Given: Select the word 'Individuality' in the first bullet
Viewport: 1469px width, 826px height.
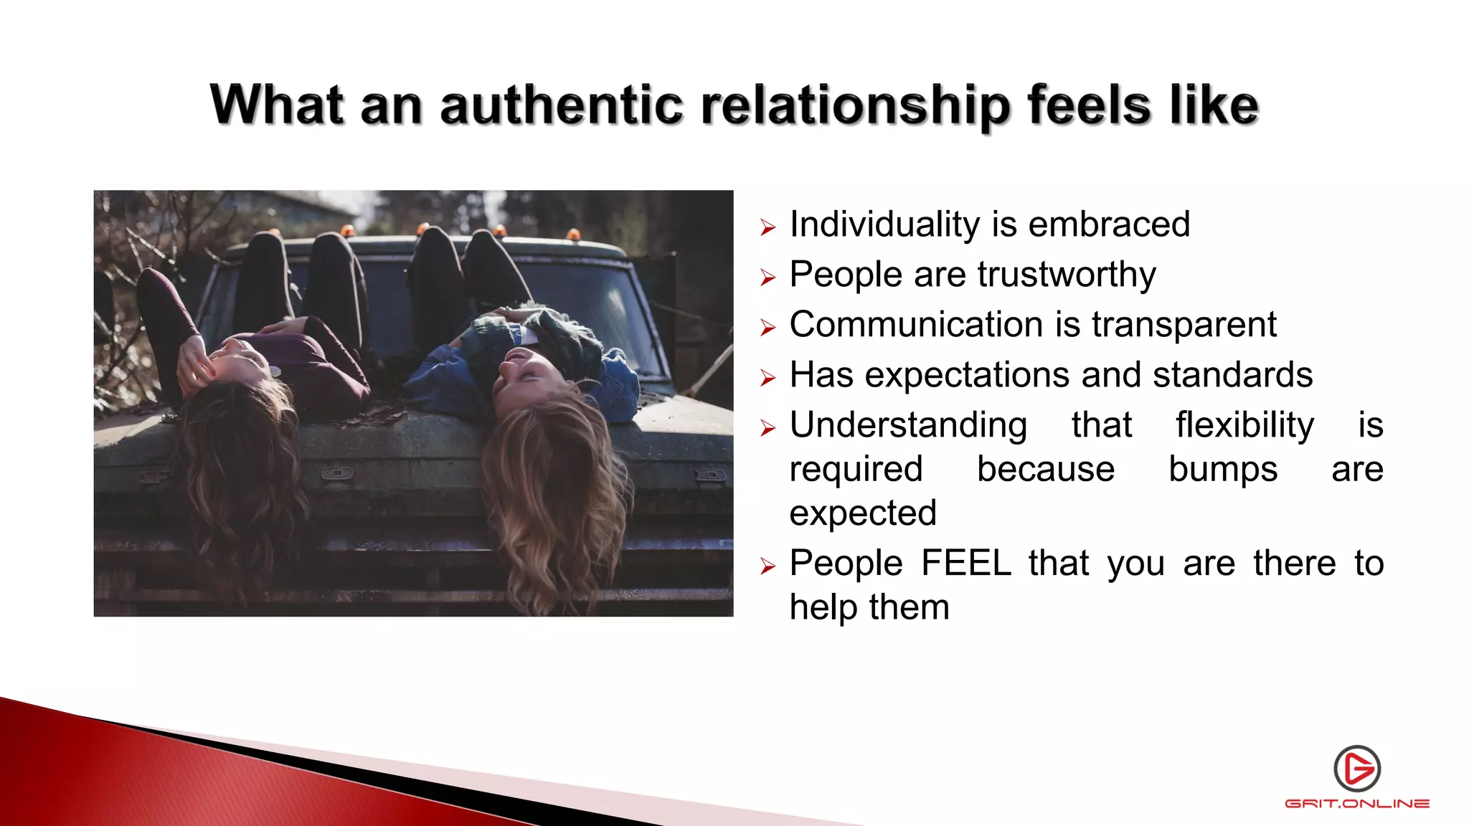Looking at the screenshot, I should (884, 224).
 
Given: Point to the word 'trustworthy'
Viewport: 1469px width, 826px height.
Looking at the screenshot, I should (1067, 275).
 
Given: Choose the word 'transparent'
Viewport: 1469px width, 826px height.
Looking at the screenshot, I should (1184, 326).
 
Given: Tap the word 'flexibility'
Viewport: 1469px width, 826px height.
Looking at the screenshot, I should (1244, 426).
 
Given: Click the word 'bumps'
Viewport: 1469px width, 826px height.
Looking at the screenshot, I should (1223, 470).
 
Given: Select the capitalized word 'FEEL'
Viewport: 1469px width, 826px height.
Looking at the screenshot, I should (966, 563).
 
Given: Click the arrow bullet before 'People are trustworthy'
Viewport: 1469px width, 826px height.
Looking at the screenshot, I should (768, 278).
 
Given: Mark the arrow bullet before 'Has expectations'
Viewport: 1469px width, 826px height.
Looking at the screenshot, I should (768, 379).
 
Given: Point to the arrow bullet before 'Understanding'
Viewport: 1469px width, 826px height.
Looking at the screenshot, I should (768, 429).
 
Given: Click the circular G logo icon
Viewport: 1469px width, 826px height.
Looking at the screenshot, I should (1357, 769).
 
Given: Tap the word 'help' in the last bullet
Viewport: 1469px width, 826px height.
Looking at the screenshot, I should (824, 607).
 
